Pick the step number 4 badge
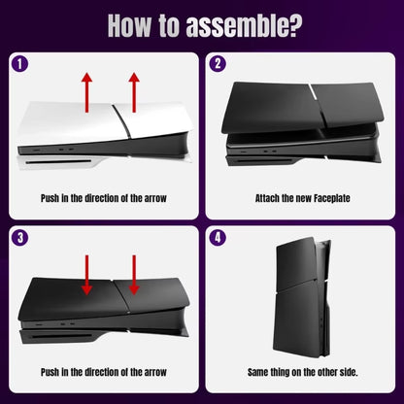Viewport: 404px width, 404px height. pos(219,236)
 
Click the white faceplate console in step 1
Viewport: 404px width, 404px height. pos(97,141)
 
